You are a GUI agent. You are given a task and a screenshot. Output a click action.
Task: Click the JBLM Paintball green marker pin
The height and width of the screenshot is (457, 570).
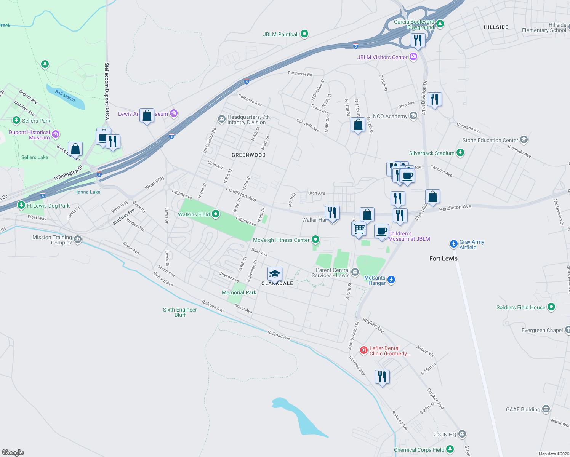click(304, 34)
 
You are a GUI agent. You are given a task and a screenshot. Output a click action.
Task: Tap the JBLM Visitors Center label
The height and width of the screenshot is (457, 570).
click(382, 57)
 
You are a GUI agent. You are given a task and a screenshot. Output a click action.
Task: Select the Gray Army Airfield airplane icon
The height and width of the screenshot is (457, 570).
click(453, 244)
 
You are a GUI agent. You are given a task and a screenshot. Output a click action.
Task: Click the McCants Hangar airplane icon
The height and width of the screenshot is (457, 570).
click(391, 280)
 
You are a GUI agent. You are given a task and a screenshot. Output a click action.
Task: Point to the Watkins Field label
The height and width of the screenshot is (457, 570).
click(194, 214)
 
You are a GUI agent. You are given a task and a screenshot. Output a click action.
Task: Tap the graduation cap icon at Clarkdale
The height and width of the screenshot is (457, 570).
click(275, 274)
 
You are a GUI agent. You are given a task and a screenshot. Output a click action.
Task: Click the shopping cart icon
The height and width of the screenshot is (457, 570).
click(359, 229)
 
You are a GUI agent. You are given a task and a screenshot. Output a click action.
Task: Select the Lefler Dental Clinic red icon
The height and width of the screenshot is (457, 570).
click(364, 350)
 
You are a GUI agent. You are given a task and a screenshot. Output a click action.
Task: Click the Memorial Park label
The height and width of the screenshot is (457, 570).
click(239, 292)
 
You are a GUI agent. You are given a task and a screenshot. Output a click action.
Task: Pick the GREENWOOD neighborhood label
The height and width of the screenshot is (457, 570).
click(248, 155)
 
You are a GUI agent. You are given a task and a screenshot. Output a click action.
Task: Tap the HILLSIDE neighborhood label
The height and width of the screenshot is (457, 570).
click(496, 27)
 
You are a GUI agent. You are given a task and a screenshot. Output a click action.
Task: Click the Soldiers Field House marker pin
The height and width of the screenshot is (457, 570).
click(551, 307)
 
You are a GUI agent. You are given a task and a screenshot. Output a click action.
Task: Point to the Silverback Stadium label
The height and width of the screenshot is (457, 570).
click(432, 153)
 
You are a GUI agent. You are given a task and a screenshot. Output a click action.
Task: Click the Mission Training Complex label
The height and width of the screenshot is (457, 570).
click(52, 240)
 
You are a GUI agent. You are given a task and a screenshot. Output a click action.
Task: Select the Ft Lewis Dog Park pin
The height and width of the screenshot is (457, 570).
click(21, 205)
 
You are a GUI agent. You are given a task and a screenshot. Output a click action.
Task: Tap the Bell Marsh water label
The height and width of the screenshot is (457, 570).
click(65, 95)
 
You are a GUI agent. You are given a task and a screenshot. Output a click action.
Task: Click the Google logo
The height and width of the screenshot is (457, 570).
click(13, 452)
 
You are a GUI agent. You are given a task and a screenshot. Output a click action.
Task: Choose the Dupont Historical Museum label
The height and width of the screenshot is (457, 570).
click(29, 135)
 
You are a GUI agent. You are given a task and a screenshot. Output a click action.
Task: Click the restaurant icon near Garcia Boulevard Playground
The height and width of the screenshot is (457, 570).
click(418, 40)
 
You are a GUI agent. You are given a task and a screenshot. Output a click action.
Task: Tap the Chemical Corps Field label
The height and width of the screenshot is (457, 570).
click(419, 450)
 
